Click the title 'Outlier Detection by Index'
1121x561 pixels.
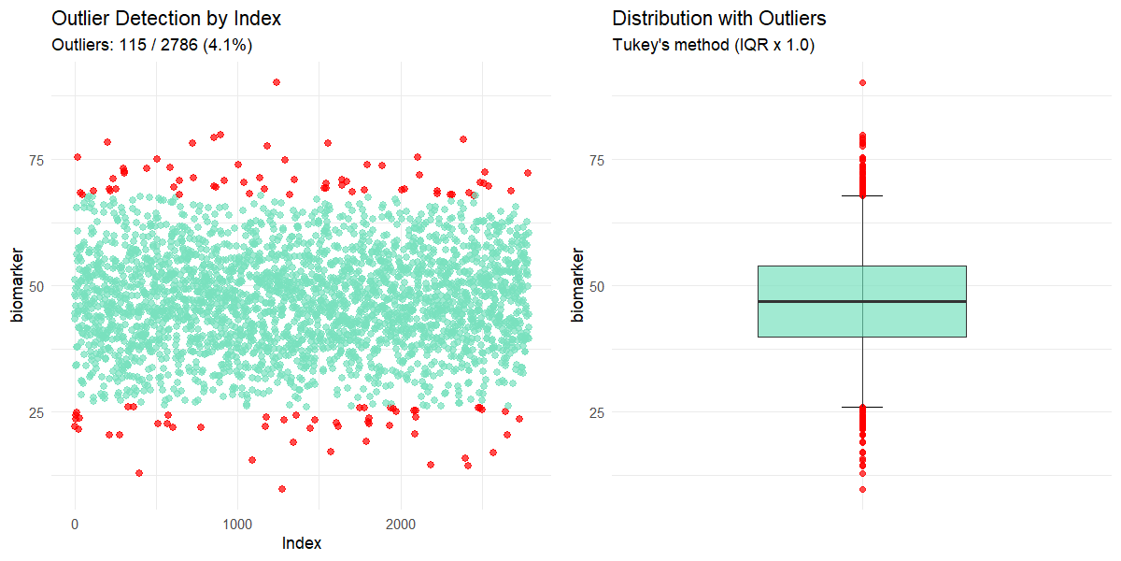166,19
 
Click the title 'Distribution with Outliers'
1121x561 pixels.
719,19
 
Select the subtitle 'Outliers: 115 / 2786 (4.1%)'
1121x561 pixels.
151,45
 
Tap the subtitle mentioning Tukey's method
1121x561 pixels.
714,45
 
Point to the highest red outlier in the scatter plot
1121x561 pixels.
277,82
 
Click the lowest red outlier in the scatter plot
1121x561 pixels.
282,489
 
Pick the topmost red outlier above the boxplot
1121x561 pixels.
862,82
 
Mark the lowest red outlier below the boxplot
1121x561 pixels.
862,489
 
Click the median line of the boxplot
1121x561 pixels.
862,301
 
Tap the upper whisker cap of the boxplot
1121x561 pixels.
862,196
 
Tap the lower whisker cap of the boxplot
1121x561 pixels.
862,407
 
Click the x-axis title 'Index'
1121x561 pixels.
302,543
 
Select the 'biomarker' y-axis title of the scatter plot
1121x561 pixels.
18,286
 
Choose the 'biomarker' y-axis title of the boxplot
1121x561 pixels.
578,286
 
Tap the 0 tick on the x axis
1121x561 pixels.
76,523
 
